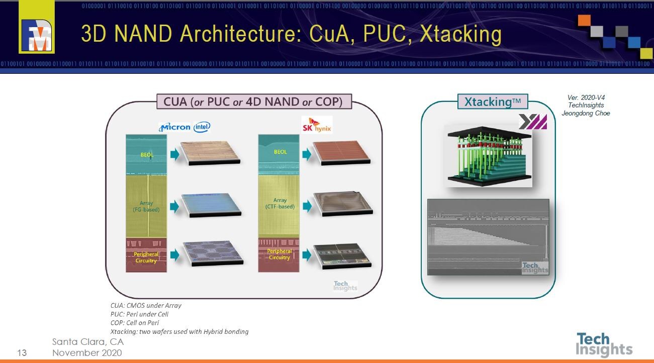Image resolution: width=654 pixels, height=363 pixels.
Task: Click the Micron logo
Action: (175, 127)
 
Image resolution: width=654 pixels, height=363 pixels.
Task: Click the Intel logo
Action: (202, 127)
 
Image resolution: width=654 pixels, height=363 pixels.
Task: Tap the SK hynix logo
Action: (317, 125)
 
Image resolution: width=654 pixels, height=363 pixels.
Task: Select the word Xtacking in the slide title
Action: (460, 34)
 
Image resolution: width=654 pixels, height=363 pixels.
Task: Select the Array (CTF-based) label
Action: (280, 203)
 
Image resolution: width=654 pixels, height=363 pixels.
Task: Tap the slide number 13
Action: (22, 353)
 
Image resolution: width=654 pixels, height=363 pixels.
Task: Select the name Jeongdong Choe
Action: (586, 113)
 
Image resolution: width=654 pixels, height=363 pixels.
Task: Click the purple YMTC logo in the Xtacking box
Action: (532, 122)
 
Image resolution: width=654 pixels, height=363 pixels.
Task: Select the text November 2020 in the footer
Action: (87, 352)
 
